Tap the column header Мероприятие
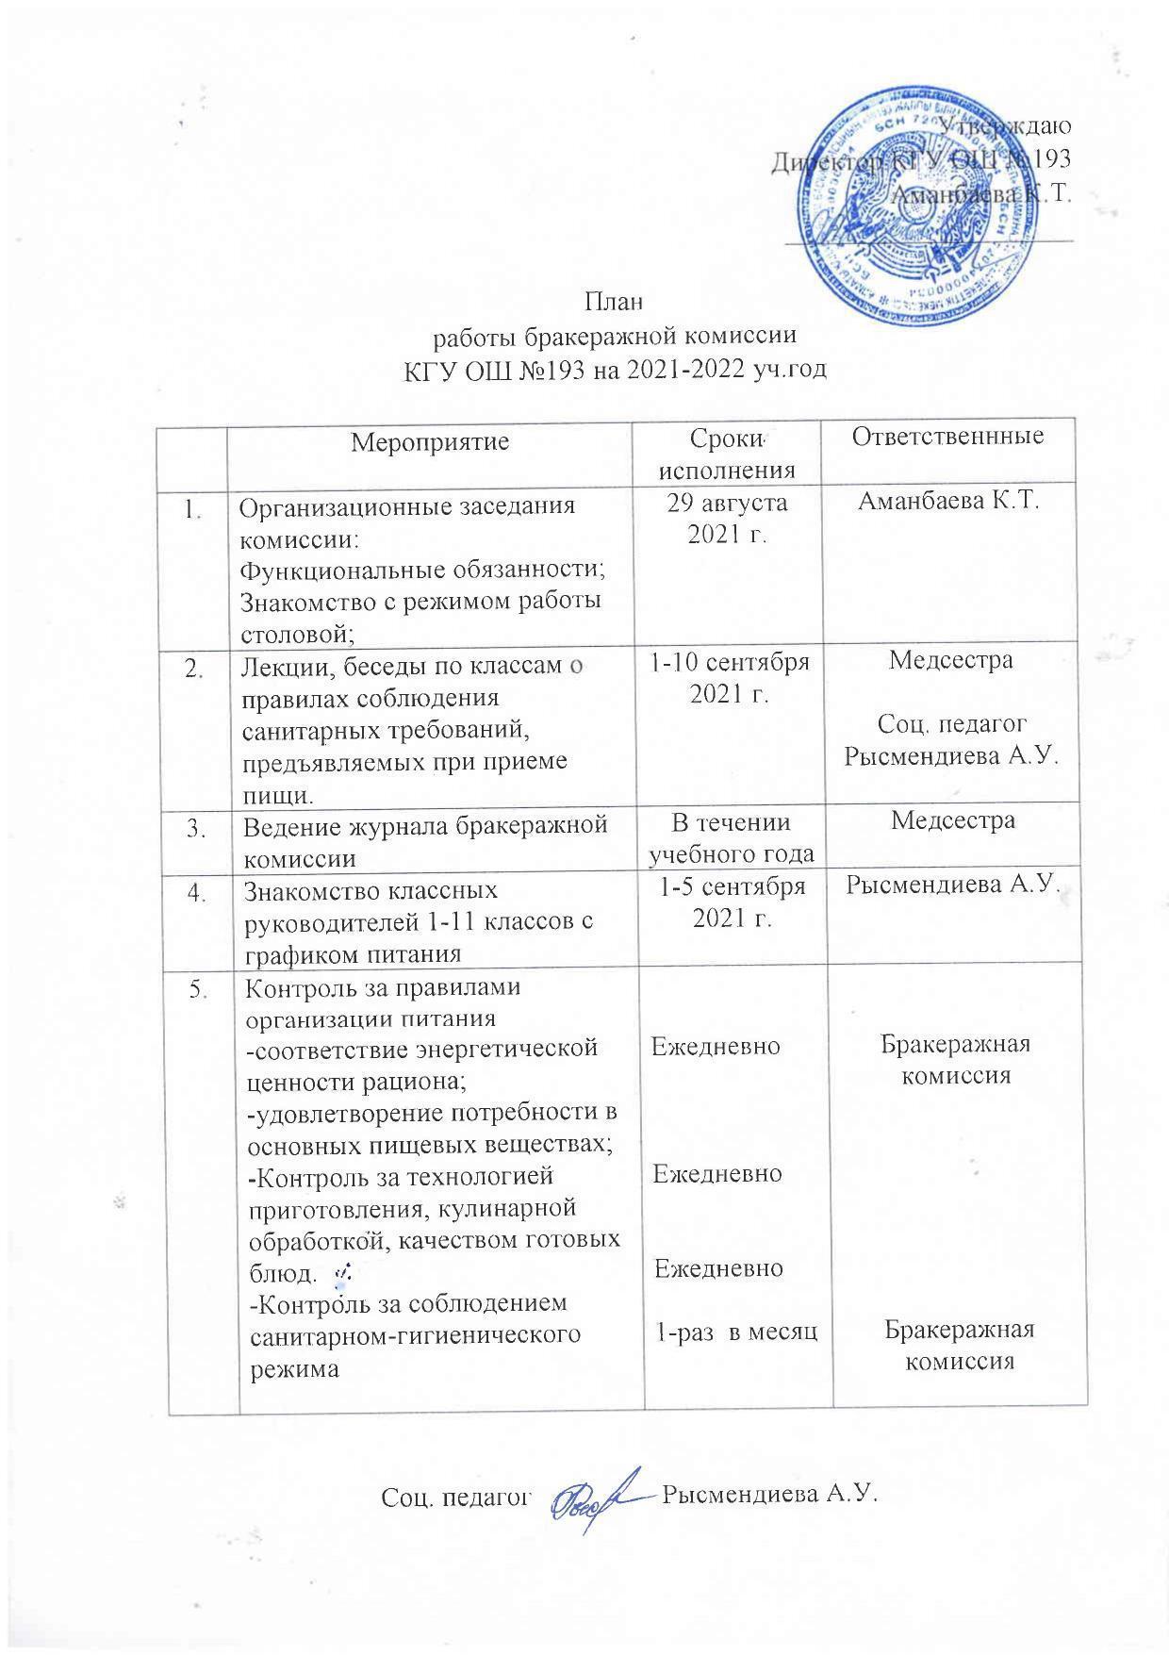[429, 440]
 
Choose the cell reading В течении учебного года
[730, 837]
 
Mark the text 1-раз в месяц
[735, 1332]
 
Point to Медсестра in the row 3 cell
[952, 820]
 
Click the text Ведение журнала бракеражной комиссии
[423, 842]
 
